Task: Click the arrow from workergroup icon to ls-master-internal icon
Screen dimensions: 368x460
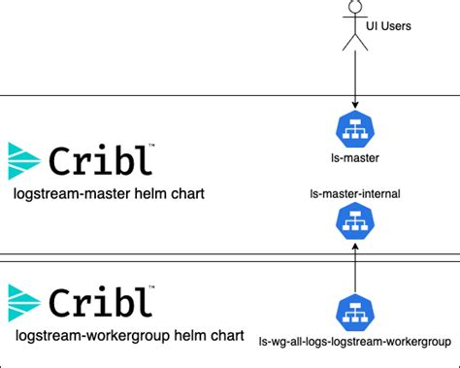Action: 355,267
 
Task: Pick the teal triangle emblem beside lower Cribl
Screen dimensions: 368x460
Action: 24,303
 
